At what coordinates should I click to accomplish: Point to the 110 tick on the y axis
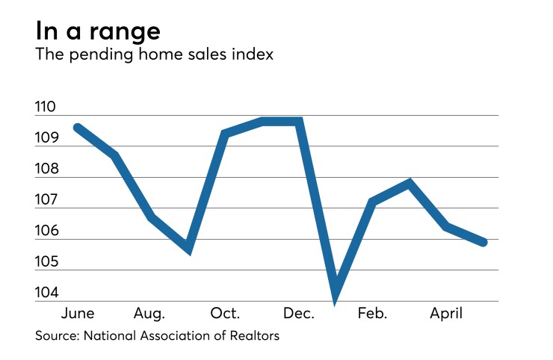tap(46, 107)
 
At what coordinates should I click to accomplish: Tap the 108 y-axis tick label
tap(46, 169)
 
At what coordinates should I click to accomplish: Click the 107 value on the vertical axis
tap(46, 200)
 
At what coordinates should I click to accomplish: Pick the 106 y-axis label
tap(46, 231)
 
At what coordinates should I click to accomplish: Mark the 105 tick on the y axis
tap(46, 262)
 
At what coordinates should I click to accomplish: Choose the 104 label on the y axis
tap(46, 293)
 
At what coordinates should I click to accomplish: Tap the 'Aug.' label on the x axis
tap(149, 313)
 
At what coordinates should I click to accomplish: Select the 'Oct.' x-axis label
tap(224, 313)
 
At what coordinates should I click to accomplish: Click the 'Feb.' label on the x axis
tap(372, 313)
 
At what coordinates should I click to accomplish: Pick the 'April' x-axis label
tap(446, 313)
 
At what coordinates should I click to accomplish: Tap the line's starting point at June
tap(78, 128)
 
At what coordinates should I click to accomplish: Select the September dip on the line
tap(188, 249)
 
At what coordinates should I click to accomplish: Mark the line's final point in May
tap(484, 242)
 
